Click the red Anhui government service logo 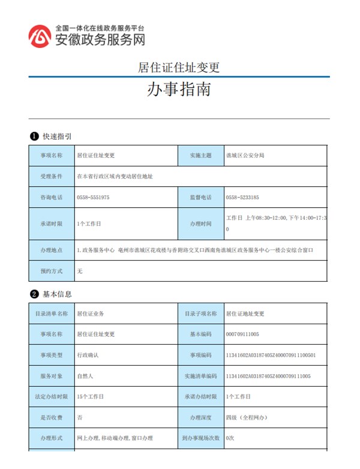pos(40,36)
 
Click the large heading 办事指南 pos(179,90)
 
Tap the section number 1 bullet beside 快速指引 pos(35,136)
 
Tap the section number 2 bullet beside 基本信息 pos(35,294)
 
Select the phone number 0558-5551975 pos(93,197)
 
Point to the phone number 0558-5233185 pos(242,197)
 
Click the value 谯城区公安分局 pos(245,156)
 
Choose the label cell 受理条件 pos(51,177)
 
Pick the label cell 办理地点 pos(51,249)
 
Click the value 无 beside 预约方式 pos(80,271)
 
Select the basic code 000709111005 pos(242,334)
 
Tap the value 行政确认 pos(88,355)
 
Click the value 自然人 pos(85,376)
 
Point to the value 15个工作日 pos(90,396)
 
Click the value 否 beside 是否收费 pos(80,417)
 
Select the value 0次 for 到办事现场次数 pos(230,438)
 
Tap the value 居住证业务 pos(90,313)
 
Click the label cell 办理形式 pos(51,438)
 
